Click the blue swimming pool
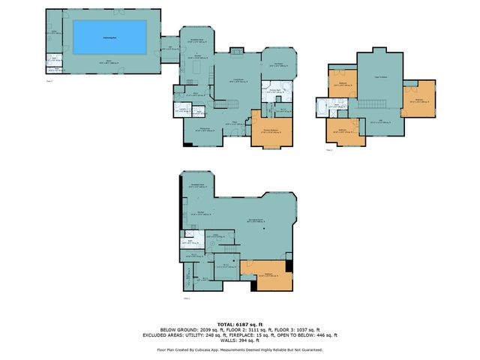point(109,37)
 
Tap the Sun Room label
point(279,65)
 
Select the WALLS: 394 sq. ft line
point(240,341)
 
